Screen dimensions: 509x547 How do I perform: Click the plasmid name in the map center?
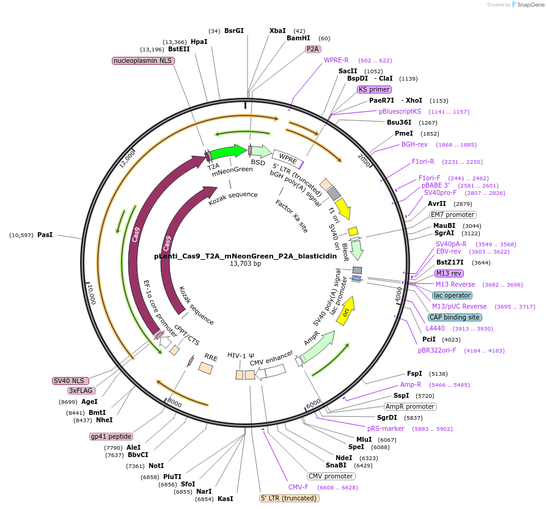[245, 256]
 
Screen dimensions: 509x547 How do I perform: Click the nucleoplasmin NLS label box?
[142, 60]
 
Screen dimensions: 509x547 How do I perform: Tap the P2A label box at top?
[314, 49]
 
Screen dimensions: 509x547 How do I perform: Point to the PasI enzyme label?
[45, 235]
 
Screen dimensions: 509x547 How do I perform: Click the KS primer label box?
[374, 89]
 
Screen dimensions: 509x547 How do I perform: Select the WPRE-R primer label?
[336, 60]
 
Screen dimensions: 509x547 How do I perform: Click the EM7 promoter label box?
[452, 214]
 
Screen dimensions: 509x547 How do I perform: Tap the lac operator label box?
[452, 295]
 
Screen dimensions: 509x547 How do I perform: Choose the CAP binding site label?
[454, 317]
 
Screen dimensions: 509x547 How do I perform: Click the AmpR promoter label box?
[409, 406]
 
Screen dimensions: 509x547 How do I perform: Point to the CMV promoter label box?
[331, 476]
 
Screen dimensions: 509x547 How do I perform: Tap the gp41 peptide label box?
[111, 436]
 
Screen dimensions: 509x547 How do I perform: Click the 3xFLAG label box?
[81, 390]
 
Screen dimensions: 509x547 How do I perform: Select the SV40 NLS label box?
[72, 381]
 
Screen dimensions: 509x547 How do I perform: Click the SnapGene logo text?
[530, 4]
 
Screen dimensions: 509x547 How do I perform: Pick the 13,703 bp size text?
[245, 264]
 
